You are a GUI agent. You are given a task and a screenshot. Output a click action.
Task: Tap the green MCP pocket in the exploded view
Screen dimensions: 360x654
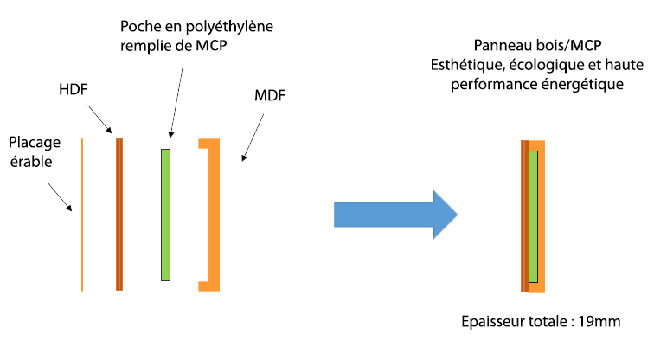[x=166, y=215]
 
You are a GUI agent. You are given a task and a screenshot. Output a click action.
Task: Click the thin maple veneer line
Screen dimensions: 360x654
[x=82, y=215]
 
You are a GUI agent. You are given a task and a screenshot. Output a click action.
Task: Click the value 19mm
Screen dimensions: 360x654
[x=602, y=322]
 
